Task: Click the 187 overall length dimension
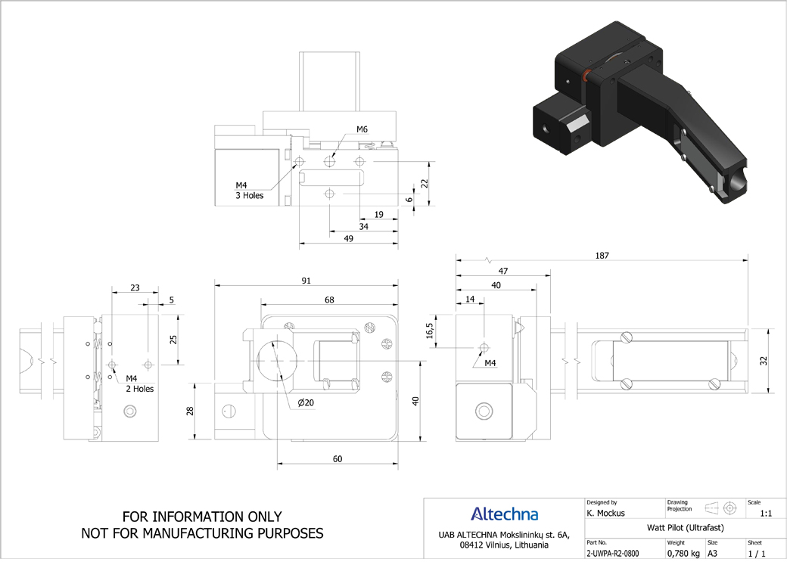pos(602,256)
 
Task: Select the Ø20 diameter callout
pos(305,402)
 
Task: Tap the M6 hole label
pos(362,129)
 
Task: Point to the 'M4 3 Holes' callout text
pos(250,191)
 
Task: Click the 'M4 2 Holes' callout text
pos(139,383)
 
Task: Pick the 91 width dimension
pos(306,281)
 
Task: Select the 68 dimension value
pos(329,300)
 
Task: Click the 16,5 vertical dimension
pos(430,331)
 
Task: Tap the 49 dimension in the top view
pos(348,239)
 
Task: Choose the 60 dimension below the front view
pos(338,459)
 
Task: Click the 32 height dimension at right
pos(764,361)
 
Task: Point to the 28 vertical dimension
pos(190,411)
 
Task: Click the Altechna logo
pos(505,514)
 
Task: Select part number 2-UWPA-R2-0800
pos(613,554)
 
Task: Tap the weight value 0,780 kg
pos(683,554)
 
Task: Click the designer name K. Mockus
pos(606,514)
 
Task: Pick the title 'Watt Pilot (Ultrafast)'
pos(686,527)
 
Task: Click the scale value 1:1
pos(766,514)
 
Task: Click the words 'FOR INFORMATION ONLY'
pos(202,517)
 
